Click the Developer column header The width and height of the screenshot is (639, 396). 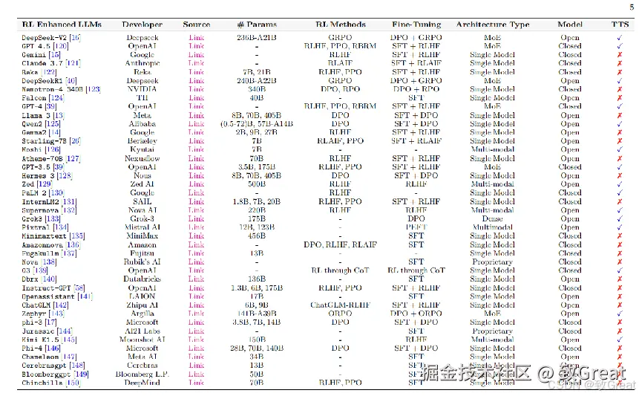(x=142, y=25)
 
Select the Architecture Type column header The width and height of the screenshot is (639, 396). (x=492, y=25)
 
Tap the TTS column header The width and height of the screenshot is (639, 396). (x=619, y=25)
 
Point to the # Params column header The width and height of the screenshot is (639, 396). (x=256, y=25)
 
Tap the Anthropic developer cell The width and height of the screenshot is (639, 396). (x=142, y=63)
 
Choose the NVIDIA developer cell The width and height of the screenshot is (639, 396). (x=142, y=89)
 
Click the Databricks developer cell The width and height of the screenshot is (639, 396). (x=142, y=279)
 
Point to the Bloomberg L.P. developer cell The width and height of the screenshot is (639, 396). (x=142, y=374)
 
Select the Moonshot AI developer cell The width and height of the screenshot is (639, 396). (x=142, y=340)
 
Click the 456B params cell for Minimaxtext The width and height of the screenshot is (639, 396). (x=256, y=236)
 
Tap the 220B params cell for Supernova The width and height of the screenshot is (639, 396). (x=256, y=210)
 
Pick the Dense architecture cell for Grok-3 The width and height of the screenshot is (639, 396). (x=492, y=218)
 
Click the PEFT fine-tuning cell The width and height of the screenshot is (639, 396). (x=416, y=227)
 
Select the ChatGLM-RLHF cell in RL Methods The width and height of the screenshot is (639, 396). (x=340, y=305)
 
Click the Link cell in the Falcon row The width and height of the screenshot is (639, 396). (x=196, y=98)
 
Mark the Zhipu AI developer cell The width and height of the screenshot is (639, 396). (x=142, y=305)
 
